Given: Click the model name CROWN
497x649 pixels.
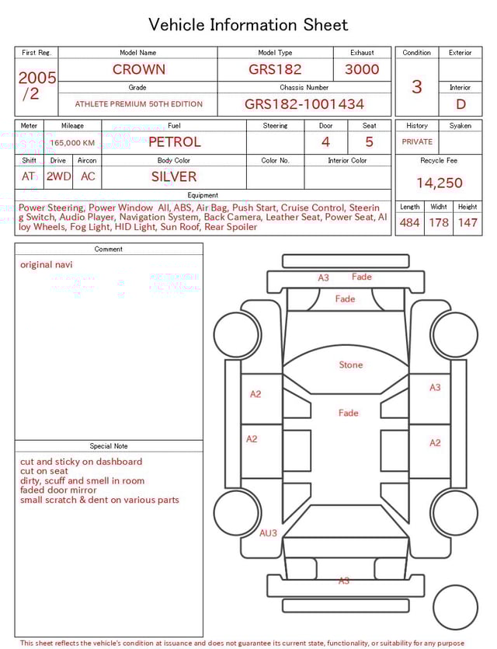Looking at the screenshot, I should pyautogui.click(x=138, y=69).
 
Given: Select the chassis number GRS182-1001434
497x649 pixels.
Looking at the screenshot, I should pyautogui.click(x=304, y=104).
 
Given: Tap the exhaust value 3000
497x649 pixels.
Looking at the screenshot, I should pyautogui.click(x=362, y=69).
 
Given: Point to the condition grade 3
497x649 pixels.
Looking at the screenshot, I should pyautogui.click(x=416, y=87).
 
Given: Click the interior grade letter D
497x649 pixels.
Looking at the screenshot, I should pyautogui.click(x=461, y=104).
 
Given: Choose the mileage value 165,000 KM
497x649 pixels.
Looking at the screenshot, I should pyautogui.click(x=72, y=143).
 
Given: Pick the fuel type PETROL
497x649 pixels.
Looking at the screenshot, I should pyautogui.click(x=174, y=142).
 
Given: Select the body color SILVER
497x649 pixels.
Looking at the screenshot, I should pyautogui.click(x=174, y=176).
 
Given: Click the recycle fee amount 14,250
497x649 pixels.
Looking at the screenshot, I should pyautogui.click(x=439, y=183).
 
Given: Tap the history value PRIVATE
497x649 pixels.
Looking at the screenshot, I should pyautogui.click(x=417, y=142).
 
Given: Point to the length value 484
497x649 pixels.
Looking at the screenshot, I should pyautogui.click(x=409, y=223).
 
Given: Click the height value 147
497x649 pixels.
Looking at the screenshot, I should pyautogui.click(x=467, y=223).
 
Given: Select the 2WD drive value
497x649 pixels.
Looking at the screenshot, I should pyautogui.click(x=58, y=176).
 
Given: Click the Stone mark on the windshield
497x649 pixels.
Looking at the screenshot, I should pyautogui.click(x=351, y=365).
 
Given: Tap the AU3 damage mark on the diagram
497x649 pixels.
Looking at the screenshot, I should pyautogui.click(x=268, y=533).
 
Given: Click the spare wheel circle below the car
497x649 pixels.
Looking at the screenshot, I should pyautogui.click(x=455, y=607).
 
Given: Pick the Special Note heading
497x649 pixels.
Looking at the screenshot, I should pyautogui.click(x=109, y=446).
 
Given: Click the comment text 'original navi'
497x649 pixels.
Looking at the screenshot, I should pyautogui.click(x=47, y=264).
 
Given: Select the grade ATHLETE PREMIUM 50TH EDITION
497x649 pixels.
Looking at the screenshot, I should pyautogui.click(x=138, y=104).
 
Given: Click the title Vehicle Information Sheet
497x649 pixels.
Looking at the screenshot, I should pyautogui.click(x=248, y=25).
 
